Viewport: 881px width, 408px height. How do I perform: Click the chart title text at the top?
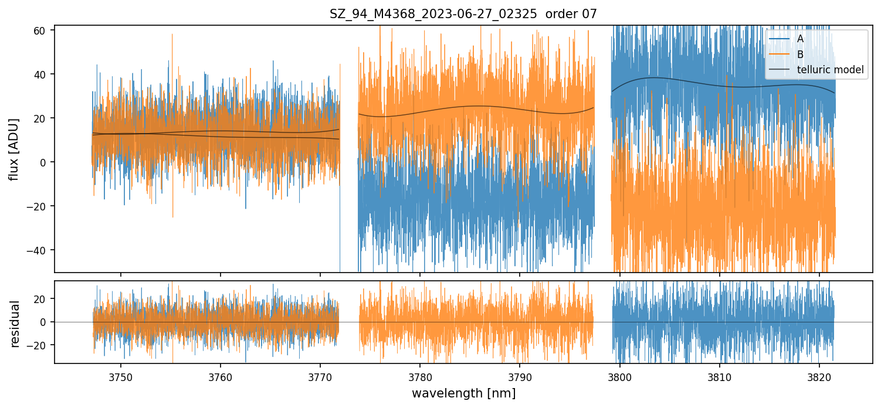point(463,14)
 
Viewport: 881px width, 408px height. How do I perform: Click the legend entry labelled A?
point(800,39)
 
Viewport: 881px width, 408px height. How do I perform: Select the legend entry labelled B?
point(800,55)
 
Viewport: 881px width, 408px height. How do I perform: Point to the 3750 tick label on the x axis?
point(121,377)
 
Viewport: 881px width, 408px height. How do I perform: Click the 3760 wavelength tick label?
point(221,377)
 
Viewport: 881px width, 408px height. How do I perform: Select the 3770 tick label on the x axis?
point(320,377)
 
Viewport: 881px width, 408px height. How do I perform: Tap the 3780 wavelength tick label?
point(420,377)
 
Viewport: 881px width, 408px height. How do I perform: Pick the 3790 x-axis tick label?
point(520,377)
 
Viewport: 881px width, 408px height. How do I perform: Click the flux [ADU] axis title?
point(13,149)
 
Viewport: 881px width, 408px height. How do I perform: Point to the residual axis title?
point(15,324)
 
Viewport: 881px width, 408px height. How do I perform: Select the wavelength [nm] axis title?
point(463,393)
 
